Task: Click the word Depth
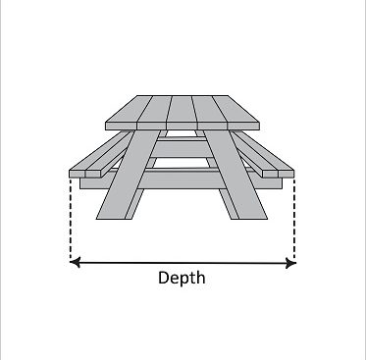coord(182,279)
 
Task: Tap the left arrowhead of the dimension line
coord(75,262)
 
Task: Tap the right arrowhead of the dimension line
coord(290,263)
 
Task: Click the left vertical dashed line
coord(71,218)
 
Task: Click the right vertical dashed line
coord(294,218)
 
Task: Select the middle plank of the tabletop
coord(182,113)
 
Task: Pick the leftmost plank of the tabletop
coord(129,113)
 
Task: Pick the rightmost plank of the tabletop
coord(236,113)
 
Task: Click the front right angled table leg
coord(235,175)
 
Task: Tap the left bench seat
coord(98,154)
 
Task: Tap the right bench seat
coord(264,154)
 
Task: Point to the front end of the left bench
coord(85,174)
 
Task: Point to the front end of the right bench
coord(279,174)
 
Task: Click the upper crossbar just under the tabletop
coord(182,149)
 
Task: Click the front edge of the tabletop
coord(183,127)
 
